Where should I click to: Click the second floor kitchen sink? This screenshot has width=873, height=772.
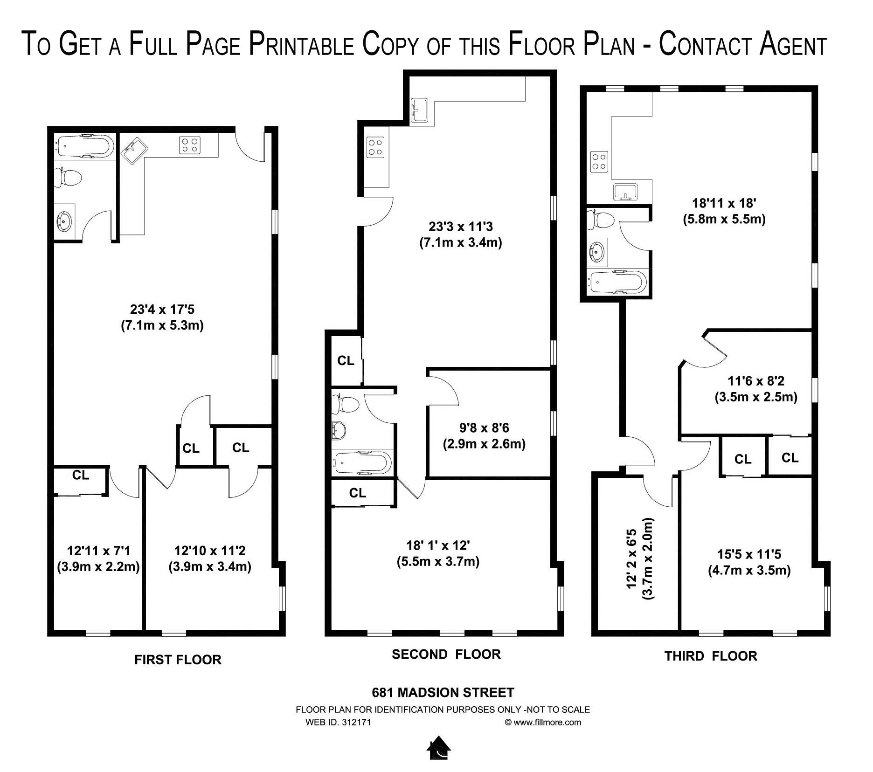click(421, 111)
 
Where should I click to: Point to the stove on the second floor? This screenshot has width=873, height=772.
click(375, 147)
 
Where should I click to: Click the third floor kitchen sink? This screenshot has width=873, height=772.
click(625, 192)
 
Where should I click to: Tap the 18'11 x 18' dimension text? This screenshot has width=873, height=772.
click(724, 203)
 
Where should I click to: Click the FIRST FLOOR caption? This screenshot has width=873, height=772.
click(178, 660)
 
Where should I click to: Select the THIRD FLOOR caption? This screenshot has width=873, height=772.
click(711, 656)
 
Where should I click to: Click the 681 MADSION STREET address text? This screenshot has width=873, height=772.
click(443, 693)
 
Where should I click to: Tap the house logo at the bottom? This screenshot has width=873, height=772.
click(439, 748)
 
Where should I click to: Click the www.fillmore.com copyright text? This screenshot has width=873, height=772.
click(543, 723)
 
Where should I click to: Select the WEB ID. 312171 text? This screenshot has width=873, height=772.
click(338, 723)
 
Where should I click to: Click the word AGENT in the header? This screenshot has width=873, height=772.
click(793, 45)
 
